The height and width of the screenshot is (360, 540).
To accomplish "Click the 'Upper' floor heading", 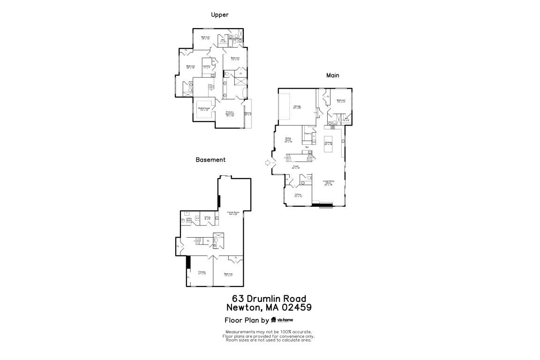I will [219, 15].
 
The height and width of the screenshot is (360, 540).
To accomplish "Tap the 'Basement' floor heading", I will [210, 160].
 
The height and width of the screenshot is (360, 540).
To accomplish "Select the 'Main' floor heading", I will [333, 75].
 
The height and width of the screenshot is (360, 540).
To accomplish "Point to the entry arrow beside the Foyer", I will [268, 163].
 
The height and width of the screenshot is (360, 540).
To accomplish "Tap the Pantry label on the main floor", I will [308, 134].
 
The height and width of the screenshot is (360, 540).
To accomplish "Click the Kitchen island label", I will [328, 143].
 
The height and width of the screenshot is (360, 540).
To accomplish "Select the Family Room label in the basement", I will [230, 213].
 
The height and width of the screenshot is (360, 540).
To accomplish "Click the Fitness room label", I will [202, 272].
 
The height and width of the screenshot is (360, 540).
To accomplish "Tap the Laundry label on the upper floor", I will [206, 67].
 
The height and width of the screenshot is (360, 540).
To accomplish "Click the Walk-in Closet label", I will [204, 109].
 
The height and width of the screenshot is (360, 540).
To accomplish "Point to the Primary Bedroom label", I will [230, 113].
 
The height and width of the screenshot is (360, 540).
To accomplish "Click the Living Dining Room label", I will [328, 183].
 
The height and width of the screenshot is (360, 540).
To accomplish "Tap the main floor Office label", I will [298, 195].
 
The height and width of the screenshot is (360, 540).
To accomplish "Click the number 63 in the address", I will [238, 299].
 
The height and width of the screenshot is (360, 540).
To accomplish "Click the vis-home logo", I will [285, 320].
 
